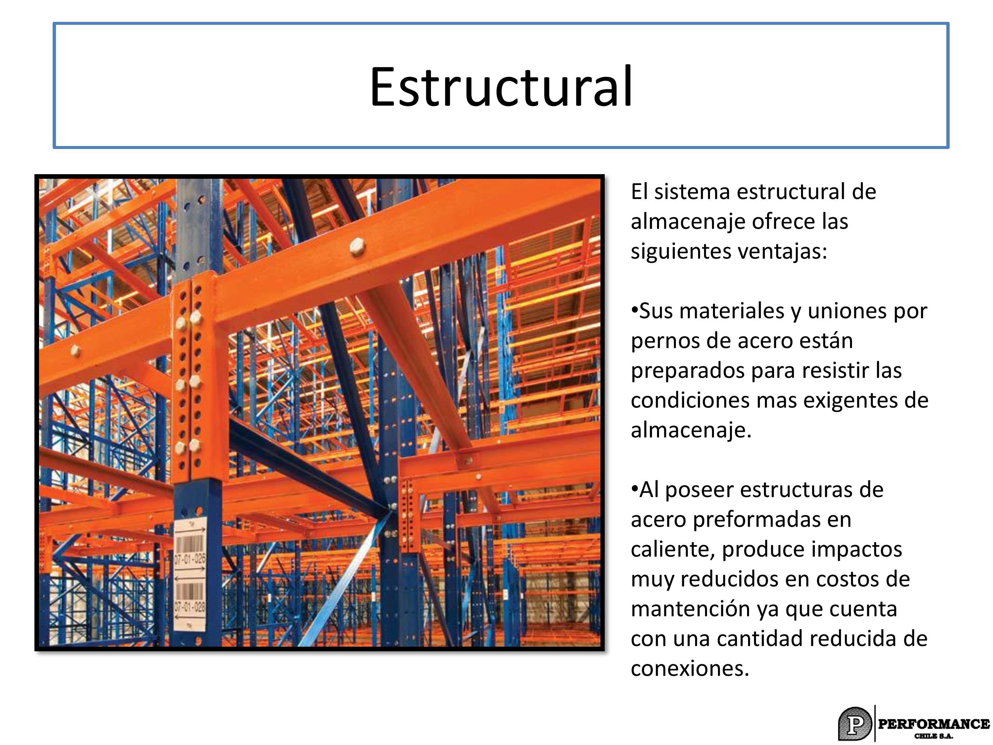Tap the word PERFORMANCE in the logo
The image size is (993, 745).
(934, 723)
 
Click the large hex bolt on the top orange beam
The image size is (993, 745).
(357, 247)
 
